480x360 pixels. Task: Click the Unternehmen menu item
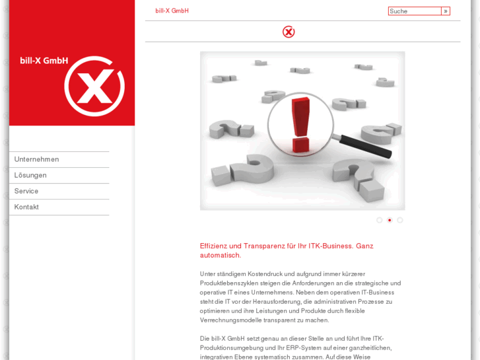pos(36,159)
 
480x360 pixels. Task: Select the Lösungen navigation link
pos(30,175)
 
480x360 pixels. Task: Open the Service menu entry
pos(26,191)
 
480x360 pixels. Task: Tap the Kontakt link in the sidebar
pos(26,207)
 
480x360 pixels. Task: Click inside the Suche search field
pos(414,11)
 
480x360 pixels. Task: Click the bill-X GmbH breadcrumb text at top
pos(172,11)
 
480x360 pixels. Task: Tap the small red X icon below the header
pos(289,32)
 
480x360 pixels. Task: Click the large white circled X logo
pos(94,86)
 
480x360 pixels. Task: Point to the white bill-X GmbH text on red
pos(44,61)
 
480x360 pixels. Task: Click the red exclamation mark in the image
pos(300,124)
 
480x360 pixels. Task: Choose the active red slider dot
pos(390,220)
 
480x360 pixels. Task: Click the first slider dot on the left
pos(379,220)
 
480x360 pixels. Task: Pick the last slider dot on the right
pos(400,220)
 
